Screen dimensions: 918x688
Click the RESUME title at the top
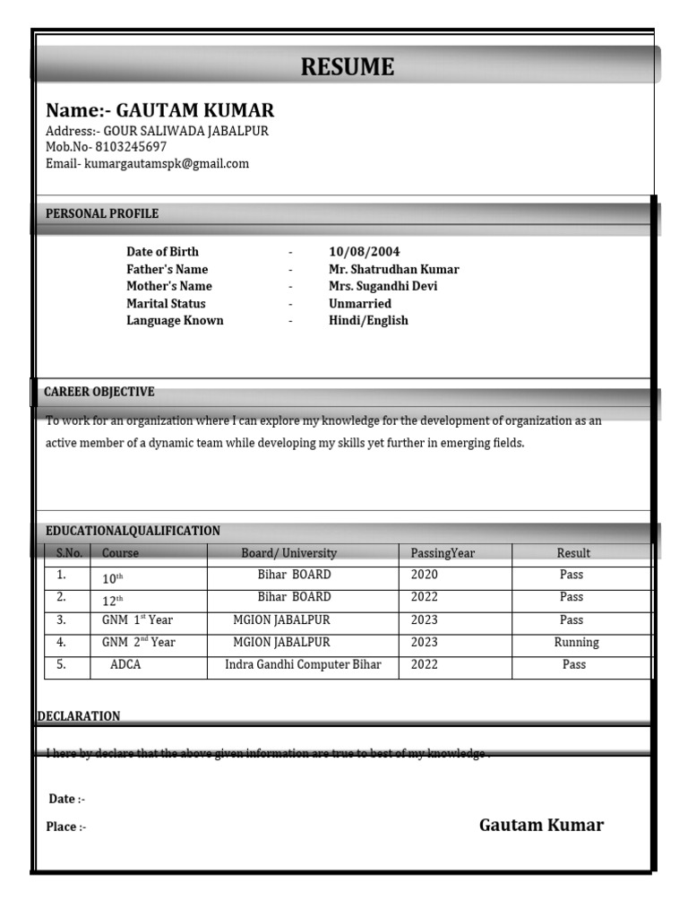(x=347, y=67)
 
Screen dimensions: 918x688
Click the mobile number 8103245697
(x=131, y=147)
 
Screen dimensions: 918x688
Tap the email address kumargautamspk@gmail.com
(x=166, y=164)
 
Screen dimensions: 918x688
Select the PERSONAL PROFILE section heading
(x=102, y=213)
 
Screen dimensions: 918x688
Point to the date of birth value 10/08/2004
(x=364, y=252)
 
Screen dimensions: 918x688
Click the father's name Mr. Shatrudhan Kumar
(x=393, y=269)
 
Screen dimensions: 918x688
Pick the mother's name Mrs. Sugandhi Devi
(x=383, y=286)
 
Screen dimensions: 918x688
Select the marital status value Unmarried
(x=359, y=304)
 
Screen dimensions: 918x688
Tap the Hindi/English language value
(x=368, y=321)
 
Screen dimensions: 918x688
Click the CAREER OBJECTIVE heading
(x=99, y=392)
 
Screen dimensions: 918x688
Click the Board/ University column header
(x=288, y=553)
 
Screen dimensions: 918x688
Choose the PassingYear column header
(x=443, y=553)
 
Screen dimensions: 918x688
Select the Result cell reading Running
(x=576, y=642)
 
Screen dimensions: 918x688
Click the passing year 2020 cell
(x=425, y=575)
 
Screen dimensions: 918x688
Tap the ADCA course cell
(x=125, y=664)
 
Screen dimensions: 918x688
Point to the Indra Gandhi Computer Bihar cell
(x=303, y=664)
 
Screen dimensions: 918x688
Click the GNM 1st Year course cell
(x=137, y=619)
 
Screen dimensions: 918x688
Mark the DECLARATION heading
(x=79, y=716)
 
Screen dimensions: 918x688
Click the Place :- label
(x=66, y=827)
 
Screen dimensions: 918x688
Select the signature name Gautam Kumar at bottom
(x=541, y=825)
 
